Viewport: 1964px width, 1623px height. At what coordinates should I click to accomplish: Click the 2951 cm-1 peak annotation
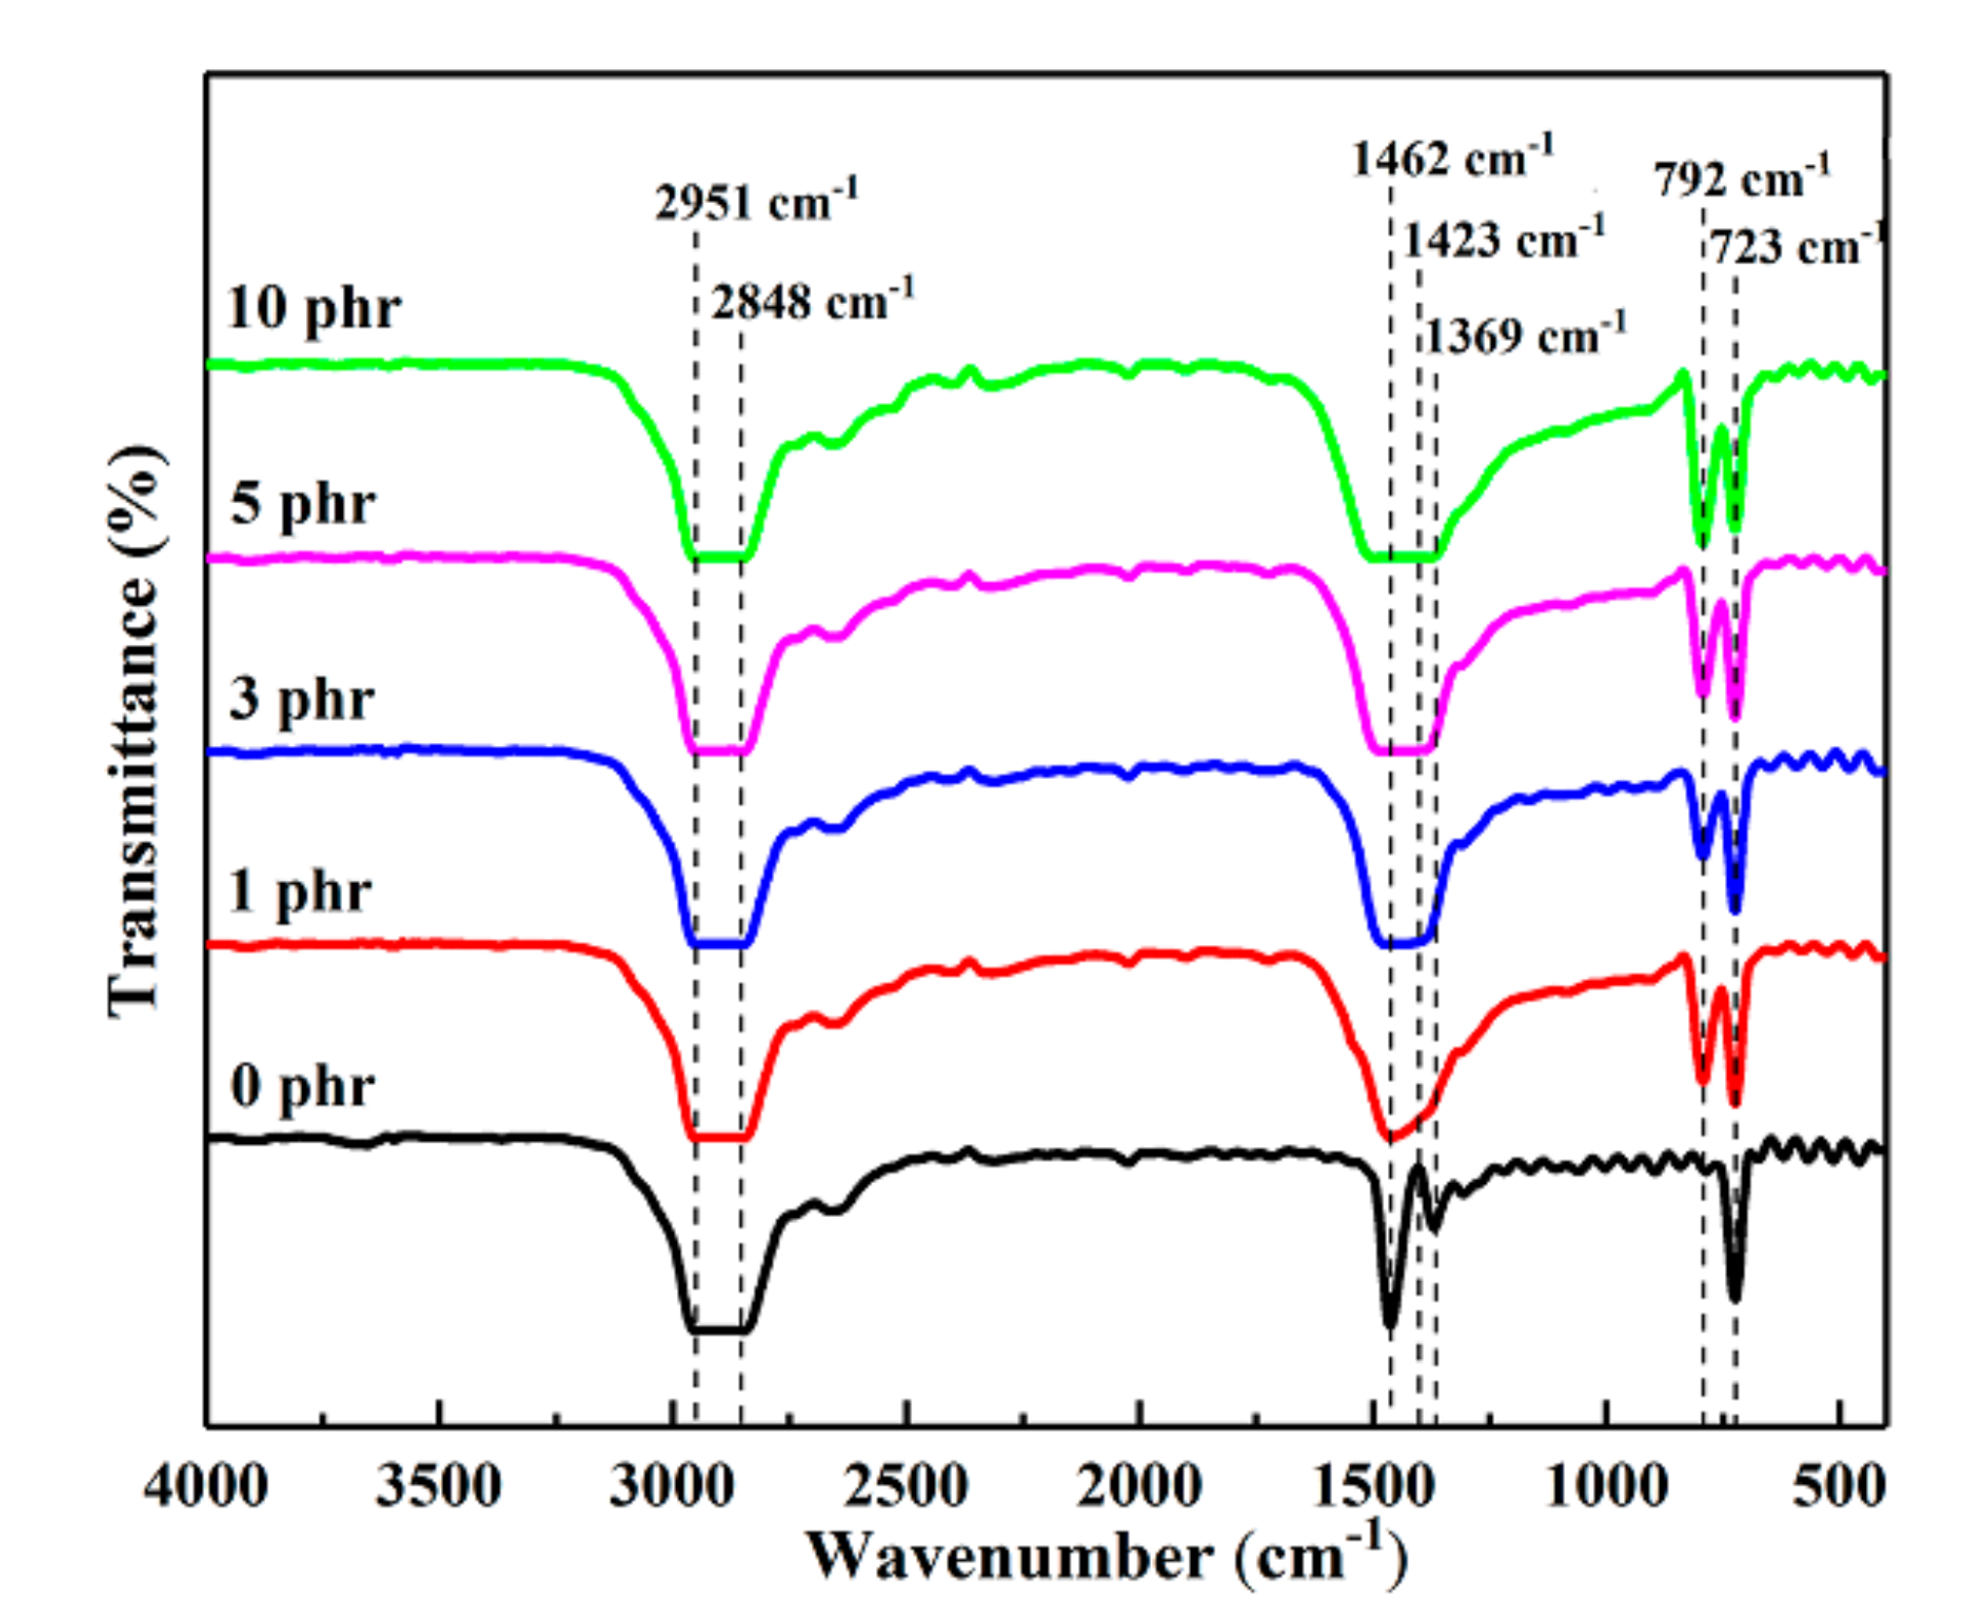[756, 201]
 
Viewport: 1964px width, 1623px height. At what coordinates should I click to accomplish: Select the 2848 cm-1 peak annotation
[812, 300]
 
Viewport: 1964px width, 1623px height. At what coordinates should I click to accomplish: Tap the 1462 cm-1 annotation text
[1452, 157]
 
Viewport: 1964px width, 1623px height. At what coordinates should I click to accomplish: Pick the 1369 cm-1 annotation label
[1525, 335]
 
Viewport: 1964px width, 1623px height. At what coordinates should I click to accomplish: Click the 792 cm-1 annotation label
[1743, 179]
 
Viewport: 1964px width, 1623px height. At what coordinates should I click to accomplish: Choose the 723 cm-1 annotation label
[1795, 247]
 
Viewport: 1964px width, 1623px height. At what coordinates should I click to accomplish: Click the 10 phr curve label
[313, 309]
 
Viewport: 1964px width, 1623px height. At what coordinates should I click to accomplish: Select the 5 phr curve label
[302, 504]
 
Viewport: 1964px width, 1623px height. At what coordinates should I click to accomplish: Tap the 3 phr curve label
[301, 698]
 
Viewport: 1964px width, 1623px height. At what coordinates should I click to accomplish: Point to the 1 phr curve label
[299, 891]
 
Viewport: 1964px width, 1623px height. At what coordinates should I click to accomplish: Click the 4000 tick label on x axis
[206, 1486]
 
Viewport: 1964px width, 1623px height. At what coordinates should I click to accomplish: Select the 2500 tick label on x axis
[905, 1486]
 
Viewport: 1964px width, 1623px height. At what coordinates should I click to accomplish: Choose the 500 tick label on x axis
[1839, 1486]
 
